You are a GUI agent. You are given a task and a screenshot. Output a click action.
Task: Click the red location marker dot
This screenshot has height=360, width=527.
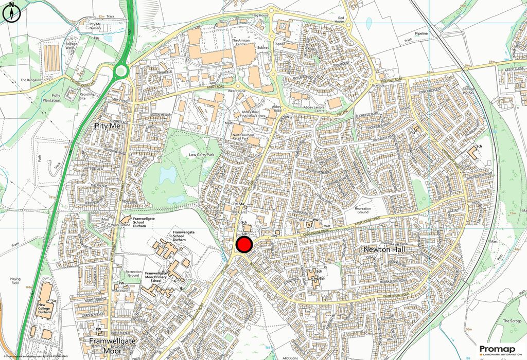(x=243, y=244)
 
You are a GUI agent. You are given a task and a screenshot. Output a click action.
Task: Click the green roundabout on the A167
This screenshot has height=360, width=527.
(x=121, y=70)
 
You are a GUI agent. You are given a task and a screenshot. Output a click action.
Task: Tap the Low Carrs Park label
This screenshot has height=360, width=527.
(x=201, y=155)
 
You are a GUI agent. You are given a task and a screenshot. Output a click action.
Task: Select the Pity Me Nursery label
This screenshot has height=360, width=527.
(x=95, y=27)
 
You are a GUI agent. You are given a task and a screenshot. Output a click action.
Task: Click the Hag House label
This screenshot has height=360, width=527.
(x=260, y=16)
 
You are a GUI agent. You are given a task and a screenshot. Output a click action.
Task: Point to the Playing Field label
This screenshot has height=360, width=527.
(x=15, y=281)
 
